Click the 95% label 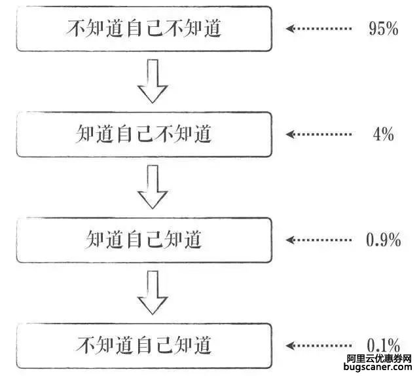pos(384,28)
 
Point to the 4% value pos(384,134)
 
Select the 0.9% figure pos(384,240)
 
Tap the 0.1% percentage pos(384,345)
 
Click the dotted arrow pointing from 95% pos(319,28)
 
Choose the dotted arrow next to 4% pos(319,134)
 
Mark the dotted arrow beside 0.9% pos(319,240)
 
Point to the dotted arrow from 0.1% pos(319,345)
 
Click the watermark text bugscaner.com pos(378,367)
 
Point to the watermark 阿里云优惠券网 pos(379,358)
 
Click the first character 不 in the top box pos(75,28)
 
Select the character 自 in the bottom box pos(144,345)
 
